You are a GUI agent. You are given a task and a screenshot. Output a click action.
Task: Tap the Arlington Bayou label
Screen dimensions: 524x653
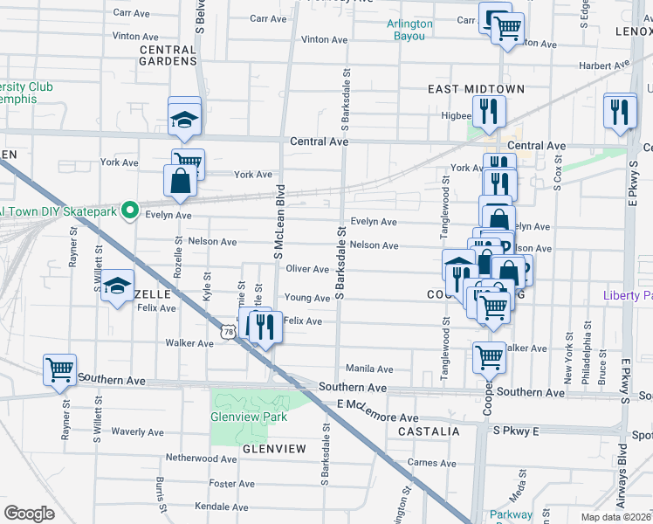tap(410, 30)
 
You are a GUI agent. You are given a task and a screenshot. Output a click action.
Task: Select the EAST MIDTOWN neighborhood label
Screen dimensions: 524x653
tap(476, 89)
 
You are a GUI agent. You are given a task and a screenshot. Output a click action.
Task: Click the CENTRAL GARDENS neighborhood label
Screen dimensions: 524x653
tap(168, 56)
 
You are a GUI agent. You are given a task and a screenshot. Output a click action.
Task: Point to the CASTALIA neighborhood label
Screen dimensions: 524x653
tap(429, 431)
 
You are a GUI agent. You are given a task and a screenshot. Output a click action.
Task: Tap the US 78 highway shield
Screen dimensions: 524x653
tap(227, 332)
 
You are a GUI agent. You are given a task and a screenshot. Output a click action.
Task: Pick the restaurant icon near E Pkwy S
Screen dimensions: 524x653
tap(620, 110)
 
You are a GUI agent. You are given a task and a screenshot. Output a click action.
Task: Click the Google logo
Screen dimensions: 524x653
tap(29, 514)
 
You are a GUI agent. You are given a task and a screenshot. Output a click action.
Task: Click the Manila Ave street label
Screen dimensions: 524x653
tap(369, 369)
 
